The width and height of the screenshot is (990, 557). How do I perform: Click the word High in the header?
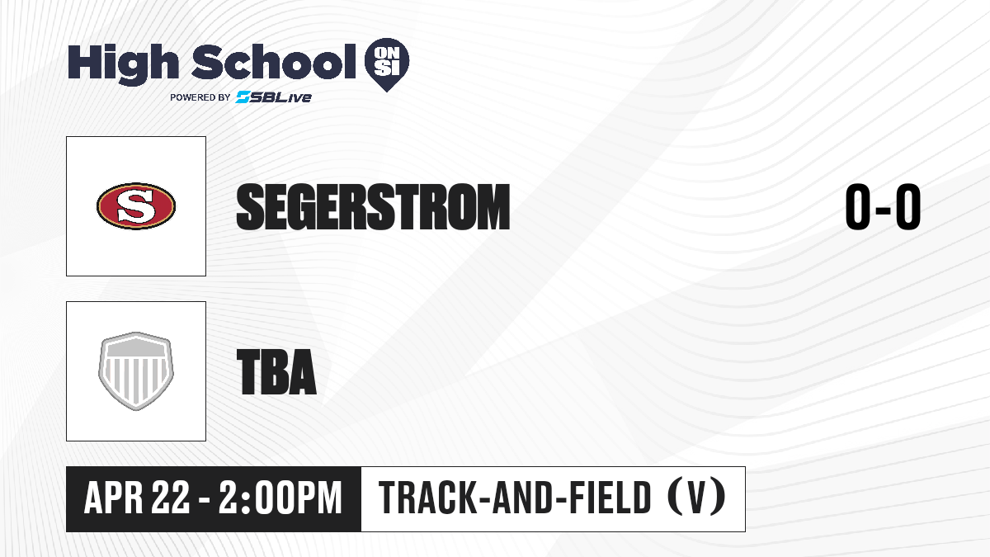tap(123, 64)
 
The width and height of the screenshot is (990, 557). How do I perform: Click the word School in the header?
tap(274, 61)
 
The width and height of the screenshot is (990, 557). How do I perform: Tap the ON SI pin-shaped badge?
tap(387, 64)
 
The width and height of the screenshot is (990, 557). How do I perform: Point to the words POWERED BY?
tap(200, 97)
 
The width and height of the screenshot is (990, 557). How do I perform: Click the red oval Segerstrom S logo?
tap(136, 206)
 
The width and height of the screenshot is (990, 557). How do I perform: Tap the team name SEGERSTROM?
tap(373, 207)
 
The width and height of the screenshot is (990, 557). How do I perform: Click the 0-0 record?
tap(883, 207)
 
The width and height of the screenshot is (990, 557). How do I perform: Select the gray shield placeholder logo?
tap(136, 371)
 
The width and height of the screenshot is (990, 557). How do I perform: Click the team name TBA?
tap(276, 372)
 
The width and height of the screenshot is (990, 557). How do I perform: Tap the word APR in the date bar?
tap(114, 498)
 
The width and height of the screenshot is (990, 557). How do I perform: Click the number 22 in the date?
tap(171, 498)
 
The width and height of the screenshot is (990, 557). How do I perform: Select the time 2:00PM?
tap(280, 498)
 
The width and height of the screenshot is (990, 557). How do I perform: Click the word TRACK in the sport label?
tap(428, 498)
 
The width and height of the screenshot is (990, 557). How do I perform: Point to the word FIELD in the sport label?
tap(610, 498)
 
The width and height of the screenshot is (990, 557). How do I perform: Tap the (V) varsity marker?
tap(696, 498)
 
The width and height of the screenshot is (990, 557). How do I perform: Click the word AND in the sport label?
tap(523, 498)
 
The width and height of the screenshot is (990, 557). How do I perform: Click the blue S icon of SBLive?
tap(243, 97)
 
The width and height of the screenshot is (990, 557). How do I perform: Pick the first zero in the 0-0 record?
tap(858, 207)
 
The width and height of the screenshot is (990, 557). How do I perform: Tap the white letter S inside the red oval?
tap(136, 206)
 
